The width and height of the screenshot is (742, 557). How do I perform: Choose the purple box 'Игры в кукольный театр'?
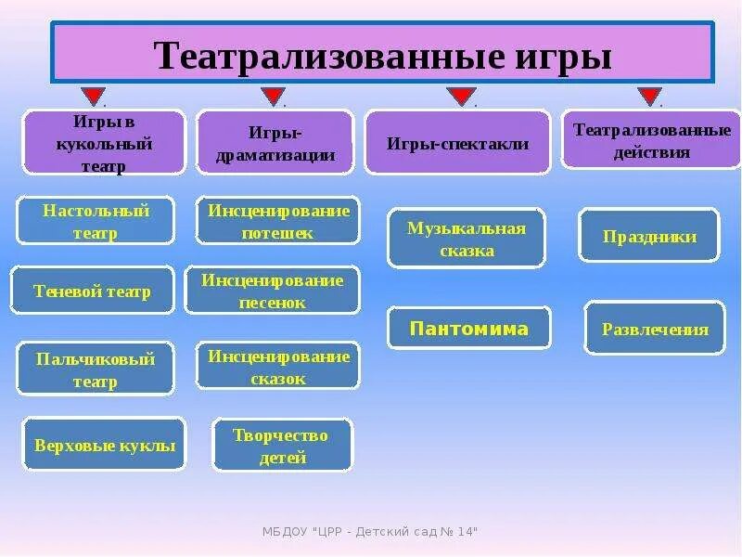click(104, 142)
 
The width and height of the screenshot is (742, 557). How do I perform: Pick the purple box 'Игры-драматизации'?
click(275, 142)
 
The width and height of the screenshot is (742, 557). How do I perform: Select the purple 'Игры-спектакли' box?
click(457, 142)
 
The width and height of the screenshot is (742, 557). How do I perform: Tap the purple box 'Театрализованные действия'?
click(651, 139)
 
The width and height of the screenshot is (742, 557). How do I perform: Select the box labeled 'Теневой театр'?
click(92, 291)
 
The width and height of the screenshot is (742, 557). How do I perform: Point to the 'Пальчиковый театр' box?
click(96, 369)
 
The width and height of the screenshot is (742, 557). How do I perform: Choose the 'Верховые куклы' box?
click(104, 444)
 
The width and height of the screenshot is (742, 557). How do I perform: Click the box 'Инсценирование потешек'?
click(278, 221)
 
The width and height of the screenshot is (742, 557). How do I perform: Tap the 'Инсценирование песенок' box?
click(272, 291)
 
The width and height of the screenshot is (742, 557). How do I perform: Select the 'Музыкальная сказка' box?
click(467, 239)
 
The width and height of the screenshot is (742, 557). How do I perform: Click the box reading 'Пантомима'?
click(469, 329)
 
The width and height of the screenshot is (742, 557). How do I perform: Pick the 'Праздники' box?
click(649, 236)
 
